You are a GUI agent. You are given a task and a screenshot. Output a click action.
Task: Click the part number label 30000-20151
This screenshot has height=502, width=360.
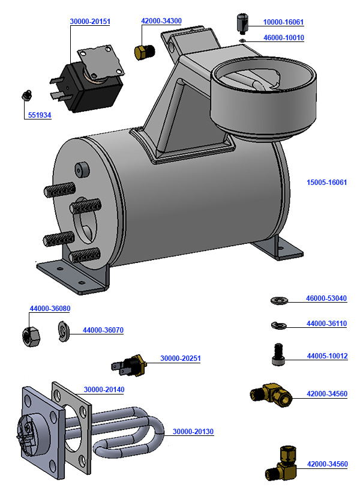(x=90, y=22)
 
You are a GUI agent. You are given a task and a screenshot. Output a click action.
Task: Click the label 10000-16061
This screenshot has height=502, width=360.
(x=283, y=22)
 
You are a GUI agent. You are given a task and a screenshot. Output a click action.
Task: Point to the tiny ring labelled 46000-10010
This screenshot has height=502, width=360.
(x=242, y=40)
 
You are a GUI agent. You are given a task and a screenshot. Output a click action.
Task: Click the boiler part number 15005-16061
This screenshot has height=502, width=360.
(x=327, y=182)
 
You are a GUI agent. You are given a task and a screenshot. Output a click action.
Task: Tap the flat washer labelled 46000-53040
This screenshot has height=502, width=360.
(x=278, y=299)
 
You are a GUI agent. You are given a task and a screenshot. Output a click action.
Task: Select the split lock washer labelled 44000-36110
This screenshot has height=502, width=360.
(x=278, y=325)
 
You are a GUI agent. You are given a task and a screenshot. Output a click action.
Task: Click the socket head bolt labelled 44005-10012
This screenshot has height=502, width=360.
(x=277, y=353)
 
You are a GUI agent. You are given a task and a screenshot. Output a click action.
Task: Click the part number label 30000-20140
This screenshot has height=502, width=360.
(x=104, y=390)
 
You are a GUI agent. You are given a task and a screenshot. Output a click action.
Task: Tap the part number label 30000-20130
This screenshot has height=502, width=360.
(x=193, y=431)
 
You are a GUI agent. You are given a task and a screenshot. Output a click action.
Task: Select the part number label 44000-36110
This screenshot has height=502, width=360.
(x=326, y=324)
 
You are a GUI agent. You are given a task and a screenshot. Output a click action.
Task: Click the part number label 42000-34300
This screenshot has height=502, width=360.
(x=161, y=21)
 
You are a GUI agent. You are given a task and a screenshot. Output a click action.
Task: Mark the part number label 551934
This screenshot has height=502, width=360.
(x=39, y=115)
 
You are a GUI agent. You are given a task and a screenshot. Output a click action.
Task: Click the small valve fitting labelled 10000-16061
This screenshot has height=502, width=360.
(x=242, y=24)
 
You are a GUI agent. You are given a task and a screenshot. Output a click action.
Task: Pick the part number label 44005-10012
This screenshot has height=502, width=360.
(x=327, y=356)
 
